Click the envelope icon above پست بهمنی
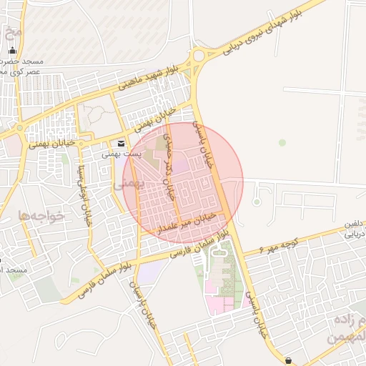[120, 143]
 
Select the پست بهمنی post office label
[119, 153]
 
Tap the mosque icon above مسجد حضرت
[12, 50]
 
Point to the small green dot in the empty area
[282, 143]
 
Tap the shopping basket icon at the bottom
[288, 360]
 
